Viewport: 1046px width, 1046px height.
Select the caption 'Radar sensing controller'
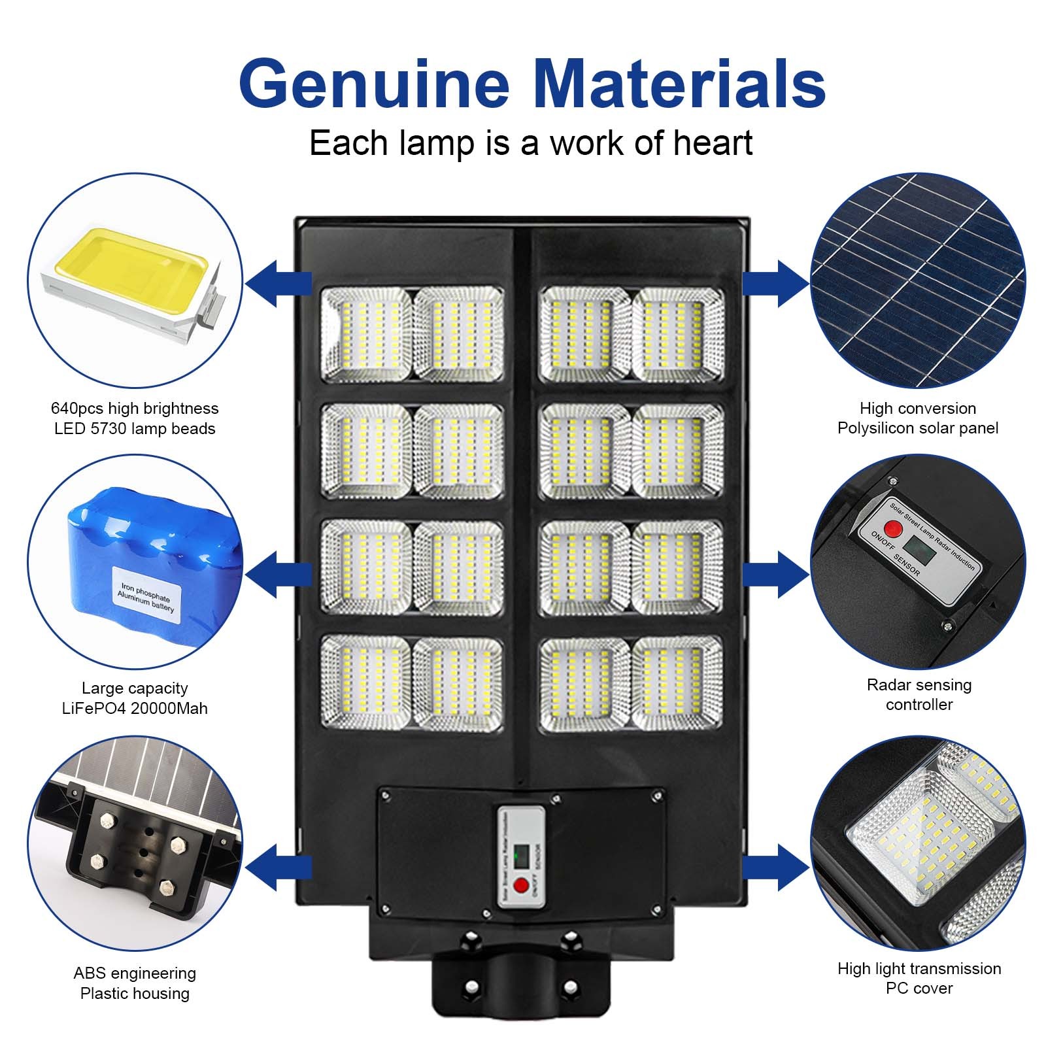919,694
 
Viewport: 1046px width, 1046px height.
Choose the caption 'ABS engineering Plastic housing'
135,983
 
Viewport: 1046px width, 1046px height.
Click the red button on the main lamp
521,886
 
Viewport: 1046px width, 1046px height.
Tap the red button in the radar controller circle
892,528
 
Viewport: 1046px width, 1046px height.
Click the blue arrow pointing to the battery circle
277,574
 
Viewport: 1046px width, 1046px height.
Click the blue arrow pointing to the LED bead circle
277,283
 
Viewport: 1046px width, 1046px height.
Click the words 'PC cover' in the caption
919,988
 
